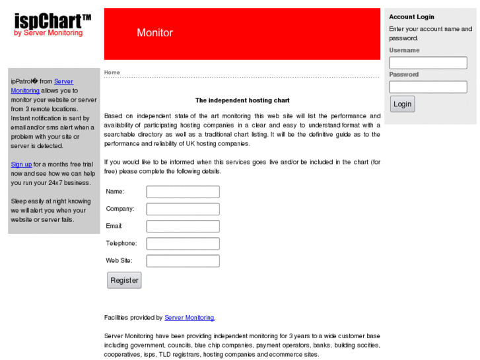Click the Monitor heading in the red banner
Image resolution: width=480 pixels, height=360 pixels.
click(154, 32)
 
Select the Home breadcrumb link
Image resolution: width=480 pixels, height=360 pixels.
click(112, 72)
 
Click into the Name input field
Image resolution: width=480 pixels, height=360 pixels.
click(183, 192)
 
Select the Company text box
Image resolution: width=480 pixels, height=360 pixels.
click(183, 209)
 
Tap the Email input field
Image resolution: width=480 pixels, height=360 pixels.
click(183, 227)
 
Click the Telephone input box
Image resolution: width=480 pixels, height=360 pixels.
click(183, 244)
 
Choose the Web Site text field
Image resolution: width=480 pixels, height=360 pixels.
click(183, 261)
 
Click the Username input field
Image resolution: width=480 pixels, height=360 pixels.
click(428, 63)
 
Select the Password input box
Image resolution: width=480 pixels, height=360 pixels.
click(428, 87)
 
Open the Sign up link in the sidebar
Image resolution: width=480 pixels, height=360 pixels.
click(21, 164)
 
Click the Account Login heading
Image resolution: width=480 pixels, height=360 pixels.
click(411, 17)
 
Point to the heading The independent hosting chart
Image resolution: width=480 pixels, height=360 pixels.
click(242, 100)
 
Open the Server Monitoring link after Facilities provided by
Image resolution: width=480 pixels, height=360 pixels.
click(189, 318)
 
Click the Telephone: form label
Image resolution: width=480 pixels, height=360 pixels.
click(121, 243)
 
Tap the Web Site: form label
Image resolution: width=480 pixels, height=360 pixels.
click(120, 260)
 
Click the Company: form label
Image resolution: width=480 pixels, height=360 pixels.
click(120, 209)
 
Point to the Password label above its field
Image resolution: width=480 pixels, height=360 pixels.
click(404, 75)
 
